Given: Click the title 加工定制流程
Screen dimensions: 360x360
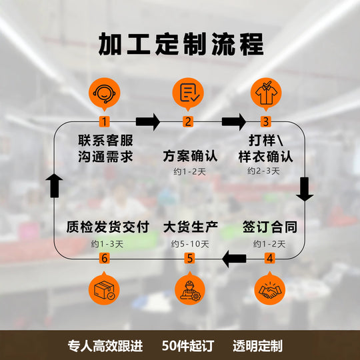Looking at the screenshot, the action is coord(181,44).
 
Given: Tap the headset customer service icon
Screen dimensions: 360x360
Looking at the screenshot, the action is coord(105,93).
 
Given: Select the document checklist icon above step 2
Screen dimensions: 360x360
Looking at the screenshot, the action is coord(188,93).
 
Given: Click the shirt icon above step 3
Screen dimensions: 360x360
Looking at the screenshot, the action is coord(266,93).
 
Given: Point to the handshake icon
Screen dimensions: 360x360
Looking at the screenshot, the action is coord(270,290).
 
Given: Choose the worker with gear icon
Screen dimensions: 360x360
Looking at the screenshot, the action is coord(190,290).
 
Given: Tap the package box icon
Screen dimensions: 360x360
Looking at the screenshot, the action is coord(104,290).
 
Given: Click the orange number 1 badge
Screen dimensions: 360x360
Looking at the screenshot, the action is coord(105,121).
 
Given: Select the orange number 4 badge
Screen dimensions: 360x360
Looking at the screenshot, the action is coord(270,258).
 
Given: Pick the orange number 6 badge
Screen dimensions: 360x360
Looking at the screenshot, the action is coord(105,258).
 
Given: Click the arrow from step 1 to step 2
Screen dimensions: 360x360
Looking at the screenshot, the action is coord(148,122).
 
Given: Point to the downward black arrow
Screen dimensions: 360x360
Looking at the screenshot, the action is coord(305,189).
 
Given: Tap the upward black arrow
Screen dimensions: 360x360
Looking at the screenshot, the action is coord(55,185).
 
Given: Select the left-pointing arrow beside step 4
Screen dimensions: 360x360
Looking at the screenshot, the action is coord(234,259).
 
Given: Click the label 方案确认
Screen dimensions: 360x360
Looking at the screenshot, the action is coord(190,156).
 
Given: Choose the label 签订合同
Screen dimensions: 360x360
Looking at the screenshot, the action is coord(270,227).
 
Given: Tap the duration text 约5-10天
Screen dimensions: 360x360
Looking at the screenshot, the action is coord(190,244).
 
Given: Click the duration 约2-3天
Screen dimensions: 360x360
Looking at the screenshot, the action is coord(263,171).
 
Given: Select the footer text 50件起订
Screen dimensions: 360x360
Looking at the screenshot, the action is coord(188,345).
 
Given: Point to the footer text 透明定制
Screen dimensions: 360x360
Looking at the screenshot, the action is coord(257,345).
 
